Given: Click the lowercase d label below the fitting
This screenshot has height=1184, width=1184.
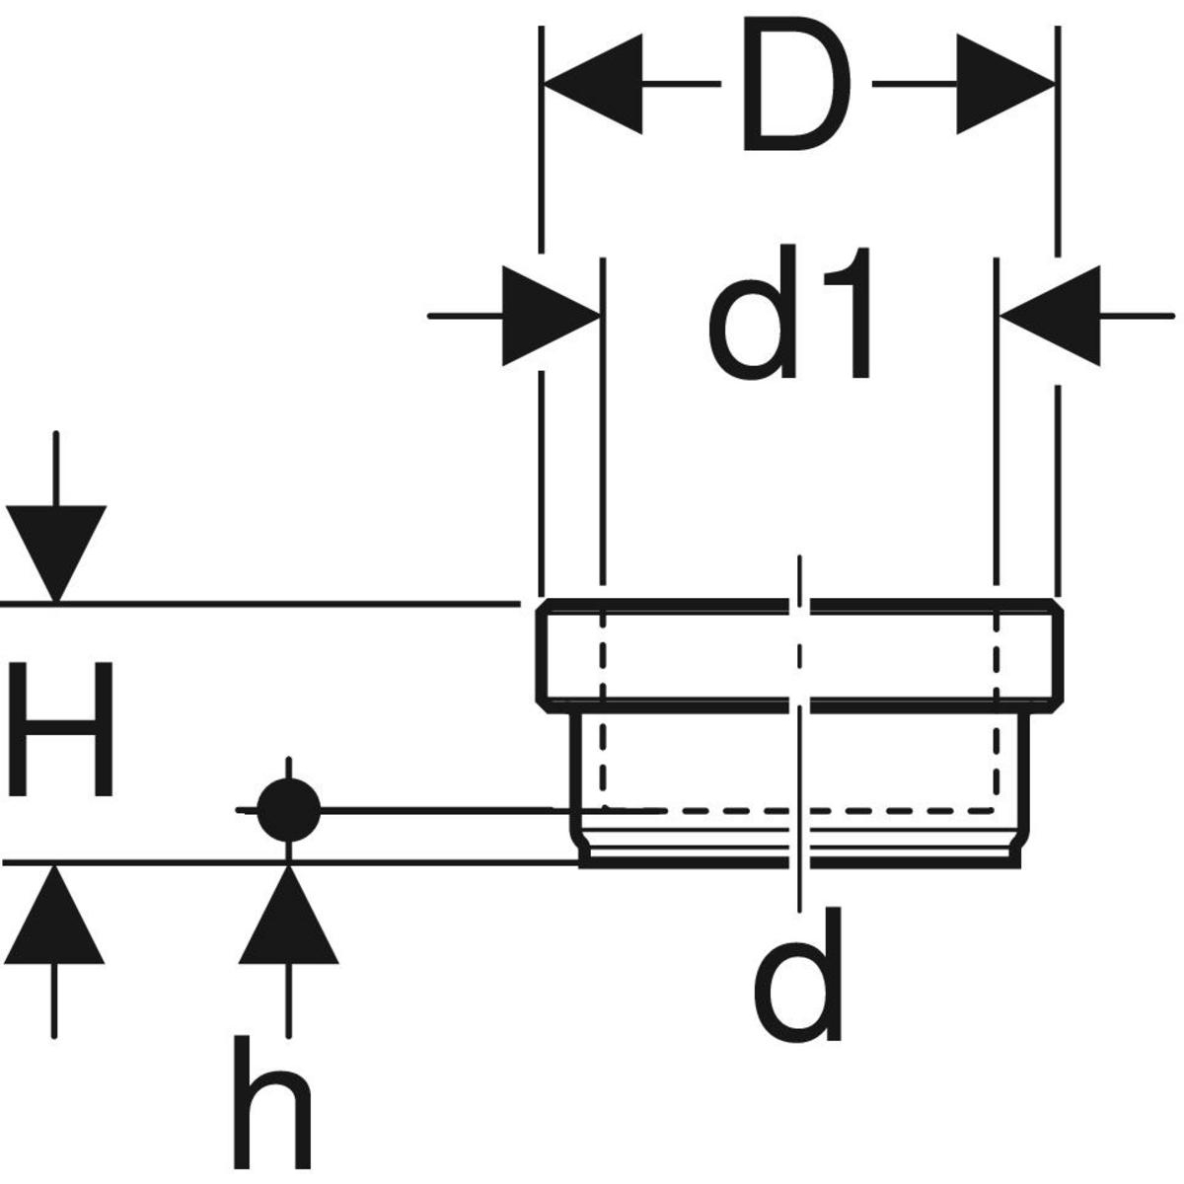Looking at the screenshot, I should coord(798,977).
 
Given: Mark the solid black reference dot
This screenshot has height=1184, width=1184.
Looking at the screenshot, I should coord(288,811).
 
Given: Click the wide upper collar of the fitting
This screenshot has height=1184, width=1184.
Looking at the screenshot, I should coord(691,653).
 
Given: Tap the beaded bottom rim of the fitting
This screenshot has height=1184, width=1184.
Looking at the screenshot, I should coord(691,849).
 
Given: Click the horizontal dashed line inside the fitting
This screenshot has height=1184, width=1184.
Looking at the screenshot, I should coord(888,811).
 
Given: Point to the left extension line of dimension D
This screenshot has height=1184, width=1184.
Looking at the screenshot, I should coord(541,148).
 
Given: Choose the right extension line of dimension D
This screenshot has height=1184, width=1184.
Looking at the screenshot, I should coord(1058,148).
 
